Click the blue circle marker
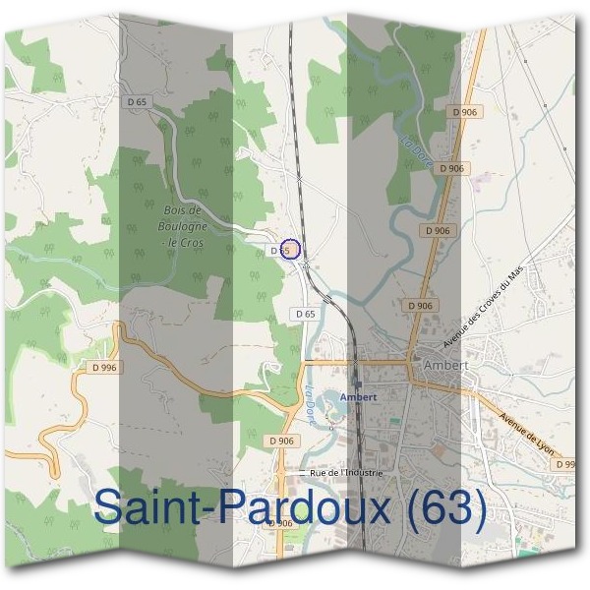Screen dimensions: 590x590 [x=289, y=249]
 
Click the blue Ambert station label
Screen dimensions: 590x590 [x=358, y=397]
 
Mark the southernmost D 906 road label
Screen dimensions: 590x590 [x=280, y=523]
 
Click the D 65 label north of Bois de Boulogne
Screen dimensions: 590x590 [x=137, y=102]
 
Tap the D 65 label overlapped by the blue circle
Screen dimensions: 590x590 [x=279, y=251]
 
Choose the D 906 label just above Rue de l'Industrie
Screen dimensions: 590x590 [x=281, y=441]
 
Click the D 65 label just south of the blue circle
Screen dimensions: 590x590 [x=305, y=313]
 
